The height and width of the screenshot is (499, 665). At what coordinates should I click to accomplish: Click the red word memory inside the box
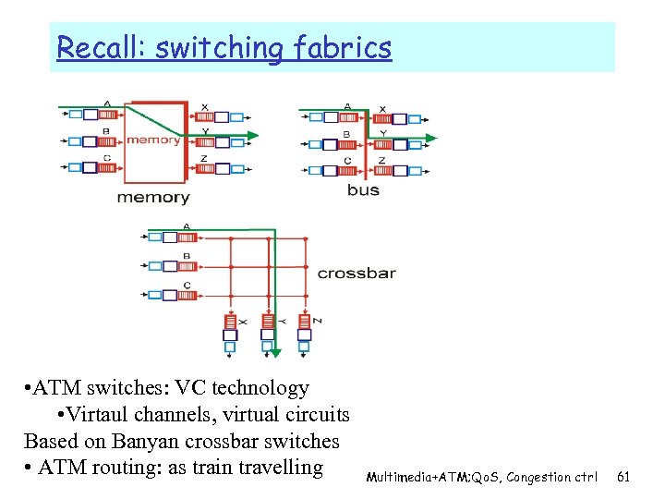click(x=153, y=140)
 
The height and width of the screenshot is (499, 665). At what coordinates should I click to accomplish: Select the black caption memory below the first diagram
click(x=152, y=197)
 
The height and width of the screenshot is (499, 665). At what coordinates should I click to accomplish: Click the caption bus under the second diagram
click(x=363, y=190)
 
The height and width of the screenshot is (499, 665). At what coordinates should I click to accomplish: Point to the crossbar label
click(x=357, y=274)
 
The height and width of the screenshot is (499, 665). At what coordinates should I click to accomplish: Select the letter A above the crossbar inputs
click(x=187, y=227)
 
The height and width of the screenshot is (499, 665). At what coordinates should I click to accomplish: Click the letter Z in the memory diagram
click(x=203, y=158)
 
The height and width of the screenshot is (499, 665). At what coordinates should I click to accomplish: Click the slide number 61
click(x=623, y=477)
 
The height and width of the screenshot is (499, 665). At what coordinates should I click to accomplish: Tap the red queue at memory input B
click(x=107, y=141)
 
